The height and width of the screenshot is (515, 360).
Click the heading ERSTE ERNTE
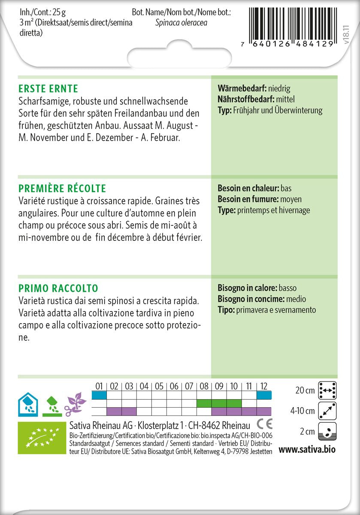[x=48, y=89]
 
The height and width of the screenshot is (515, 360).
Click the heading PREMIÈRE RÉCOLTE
[x=62, y=188]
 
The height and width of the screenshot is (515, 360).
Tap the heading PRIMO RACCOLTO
[x=58, y=288]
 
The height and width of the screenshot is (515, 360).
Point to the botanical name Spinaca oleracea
[x=181, y=23]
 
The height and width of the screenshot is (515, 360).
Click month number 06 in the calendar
[x=174, y=386]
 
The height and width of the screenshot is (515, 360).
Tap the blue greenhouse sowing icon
[x=27, y=403]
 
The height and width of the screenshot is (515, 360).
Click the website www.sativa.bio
[x=307, y=450]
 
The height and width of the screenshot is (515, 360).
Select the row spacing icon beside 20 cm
[x=327, y=390]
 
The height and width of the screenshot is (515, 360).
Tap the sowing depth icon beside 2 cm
[x=327, y=431]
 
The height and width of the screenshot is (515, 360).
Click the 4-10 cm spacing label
[x=302, y=411]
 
